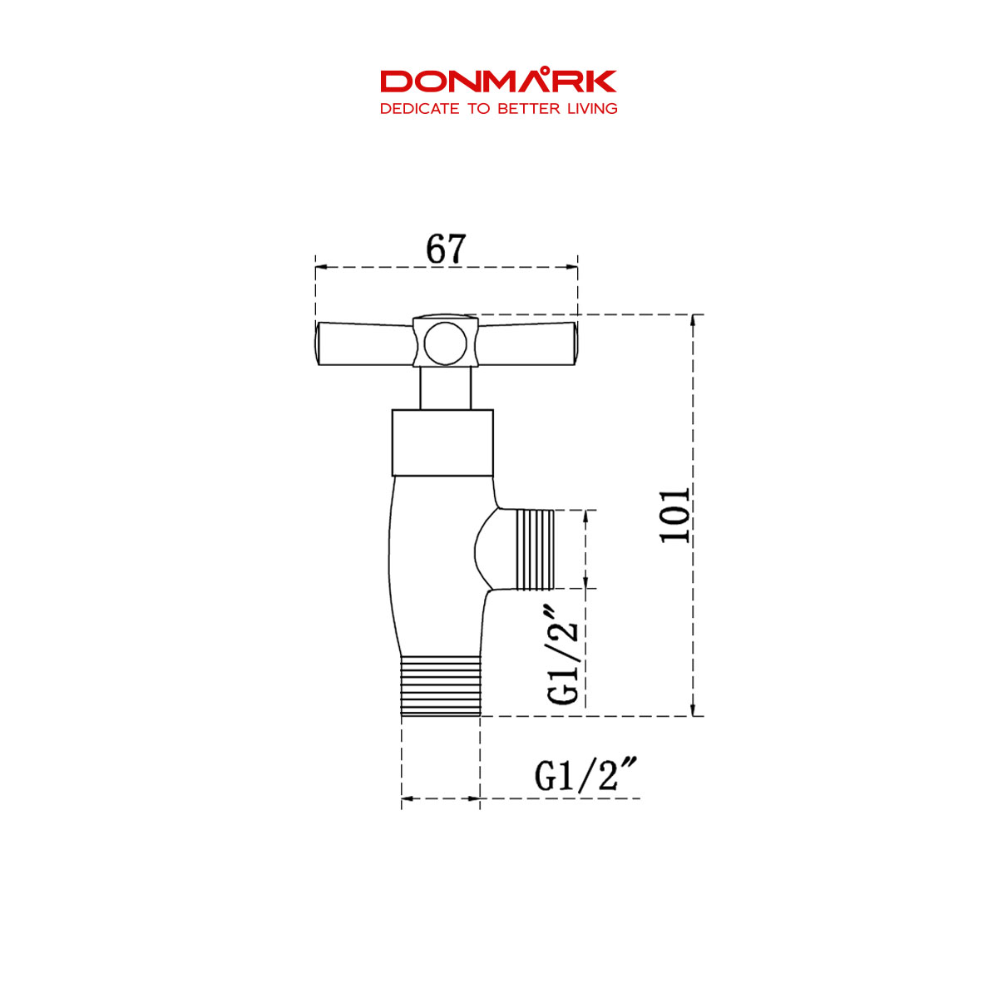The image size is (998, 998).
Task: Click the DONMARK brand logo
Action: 498,82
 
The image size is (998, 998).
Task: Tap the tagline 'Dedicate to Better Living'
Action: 498,109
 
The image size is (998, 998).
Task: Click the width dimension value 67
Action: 447,249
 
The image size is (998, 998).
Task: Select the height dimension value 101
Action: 675,515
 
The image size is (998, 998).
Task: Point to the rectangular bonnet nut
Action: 442,442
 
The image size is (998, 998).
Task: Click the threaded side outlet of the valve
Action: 535,551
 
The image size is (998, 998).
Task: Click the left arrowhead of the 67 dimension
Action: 320,267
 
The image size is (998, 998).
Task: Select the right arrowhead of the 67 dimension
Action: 572,267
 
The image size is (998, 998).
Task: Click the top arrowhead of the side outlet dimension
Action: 585,516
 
